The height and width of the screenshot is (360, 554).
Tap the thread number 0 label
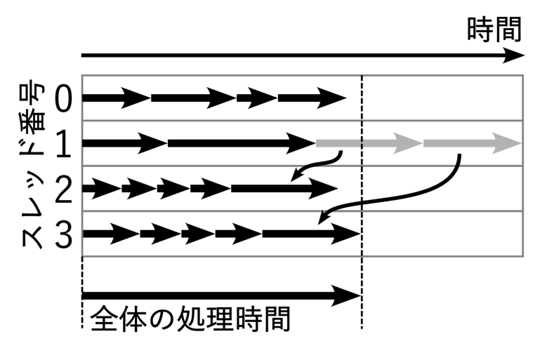62,98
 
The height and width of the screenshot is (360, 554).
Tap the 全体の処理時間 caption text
190,319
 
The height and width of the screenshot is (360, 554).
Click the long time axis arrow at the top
302,55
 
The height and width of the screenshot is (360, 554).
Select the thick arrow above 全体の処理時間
221,295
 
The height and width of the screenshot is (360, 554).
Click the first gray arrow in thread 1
369,143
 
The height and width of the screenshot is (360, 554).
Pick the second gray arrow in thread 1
472,143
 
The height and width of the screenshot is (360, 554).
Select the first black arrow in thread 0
116,98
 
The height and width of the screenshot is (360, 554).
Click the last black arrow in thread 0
312,98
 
